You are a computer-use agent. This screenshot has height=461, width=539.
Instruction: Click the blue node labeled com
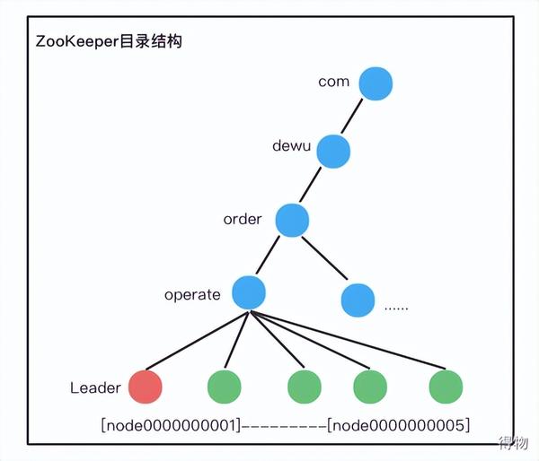[376, 84]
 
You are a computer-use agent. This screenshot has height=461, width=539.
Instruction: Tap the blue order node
[292, 218]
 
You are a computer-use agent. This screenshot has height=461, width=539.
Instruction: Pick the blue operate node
[249, 292]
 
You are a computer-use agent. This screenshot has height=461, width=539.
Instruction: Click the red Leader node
[146, 387]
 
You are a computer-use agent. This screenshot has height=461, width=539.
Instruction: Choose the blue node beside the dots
[357, 299]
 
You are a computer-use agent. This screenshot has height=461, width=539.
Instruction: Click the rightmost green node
[446, 387]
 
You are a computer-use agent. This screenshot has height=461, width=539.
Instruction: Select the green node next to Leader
[225, 387]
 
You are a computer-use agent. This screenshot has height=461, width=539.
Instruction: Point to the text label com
[333, 82]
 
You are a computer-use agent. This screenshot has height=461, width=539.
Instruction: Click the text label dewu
[290, 144]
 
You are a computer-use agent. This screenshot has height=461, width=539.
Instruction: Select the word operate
[192, 294]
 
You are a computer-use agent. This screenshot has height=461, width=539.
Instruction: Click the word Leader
[95, 387]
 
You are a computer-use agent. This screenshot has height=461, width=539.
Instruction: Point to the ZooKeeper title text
[109, 41]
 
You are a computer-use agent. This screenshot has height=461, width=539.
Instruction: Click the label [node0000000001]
[170, 423]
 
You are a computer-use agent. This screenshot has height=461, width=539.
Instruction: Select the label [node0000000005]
[398, 423]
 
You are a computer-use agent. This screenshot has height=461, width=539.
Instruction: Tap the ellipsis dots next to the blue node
[396, 307]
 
